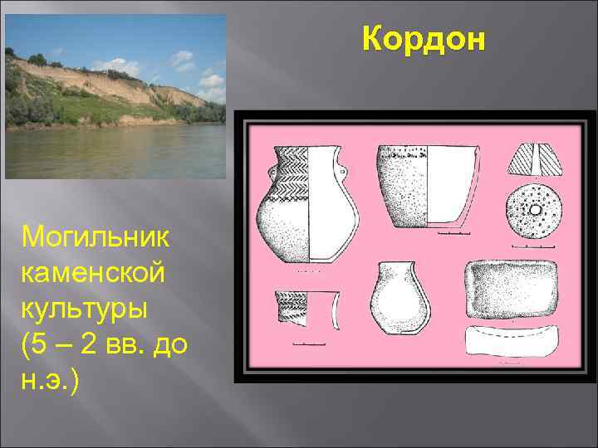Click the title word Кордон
[423, 39]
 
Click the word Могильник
[96, 237]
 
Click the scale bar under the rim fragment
[309, 343]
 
